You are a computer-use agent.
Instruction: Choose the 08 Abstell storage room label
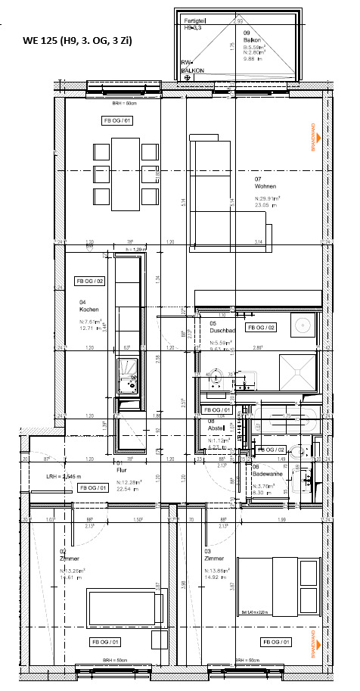pyautogui.click(x=217, y=424)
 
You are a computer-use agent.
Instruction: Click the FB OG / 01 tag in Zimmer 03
pyautogui.click(x=277, y=642)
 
